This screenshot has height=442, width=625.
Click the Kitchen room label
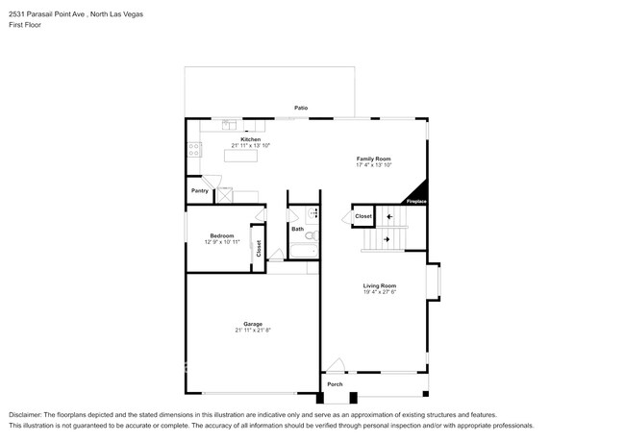[x=250, y=139]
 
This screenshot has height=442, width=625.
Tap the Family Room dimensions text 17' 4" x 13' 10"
[x=374, y=164]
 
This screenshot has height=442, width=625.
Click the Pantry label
[x=199, y=191]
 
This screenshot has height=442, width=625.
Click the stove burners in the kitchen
[x=194, y=148]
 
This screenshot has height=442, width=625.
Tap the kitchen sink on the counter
[x=230, y=124]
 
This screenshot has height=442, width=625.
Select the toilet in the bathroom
[x=312, y=233]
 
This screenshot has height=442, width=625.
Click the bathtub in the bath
[x=302, y=252]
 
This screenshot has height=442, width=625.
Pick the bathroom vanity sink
[x=312, y=213]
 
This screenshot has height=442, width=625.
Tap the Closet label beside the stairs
[x=362, y=216]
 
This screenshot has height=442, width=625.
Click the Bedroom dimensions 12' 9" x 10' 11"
[x=222, y=242]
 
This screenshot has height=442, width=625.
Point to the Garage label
[x=253, y=324]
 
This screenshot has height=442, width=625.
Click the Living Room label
[x=380, y=285]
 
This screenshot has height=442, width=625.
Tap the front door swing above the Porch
[x=334, y=366]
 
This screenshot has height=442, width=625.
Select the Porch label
[x=335, y=384]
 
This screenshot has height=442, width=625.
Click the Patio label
[x=301, y=108]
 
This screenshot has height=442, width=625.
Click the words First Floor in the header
[x=26, y=25]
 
